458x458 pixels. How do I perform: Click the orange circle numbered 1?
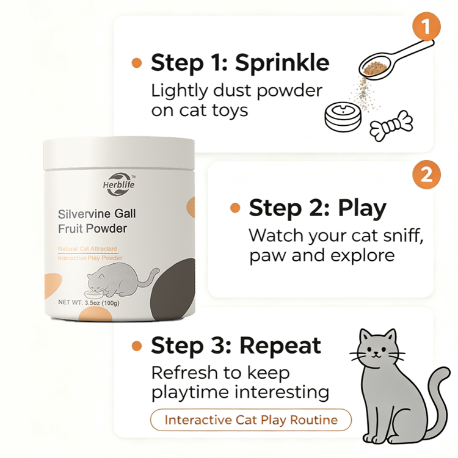pyautogui.click(x=426, y=26)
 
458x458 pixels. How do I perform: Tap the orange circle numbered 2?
pyautogui.click(x=426, y=175)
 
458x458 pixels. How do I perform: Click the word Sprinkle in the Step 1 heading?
pyautogui.click(x=282, y=63)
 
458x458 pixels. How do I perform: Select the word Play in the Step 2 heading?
pyautogui.click(x=362, y=209)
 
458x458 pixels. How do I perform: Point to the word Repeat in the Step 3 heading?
pyautogui.click(x=280, y=346)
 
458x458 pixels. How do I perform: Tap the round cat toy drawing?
pyautogui.click(x=343, y=117)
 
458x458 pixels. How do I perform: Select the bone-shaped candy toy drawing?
pyautogui.click(x=391, y=126)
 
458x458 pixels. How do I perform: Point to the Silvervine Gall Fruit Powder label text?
pyautogui.click(x=96, y=221)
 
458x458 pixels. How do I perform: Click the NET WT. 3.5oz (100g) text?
pyautogui.click(x=89, y=303)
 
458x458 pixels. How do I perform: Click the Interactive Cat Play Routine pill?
pyautogui.click(x=251, y=420)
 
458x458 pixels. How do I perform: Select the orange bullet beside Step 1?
pyautogui.click(x=137, y=63)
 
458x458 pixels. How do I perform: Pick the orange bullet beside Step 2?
pyautogui.click(x=235, y=208)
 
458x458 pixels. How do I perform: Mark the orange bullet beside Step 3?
pyautogui.click(x=137, y=346)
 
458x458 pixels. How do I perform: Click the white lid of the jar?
pyautogui.click(x=119, y=153)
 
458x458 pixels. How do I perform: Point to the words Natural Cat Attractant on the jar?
pyautogui.click(x=87, y=249)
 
